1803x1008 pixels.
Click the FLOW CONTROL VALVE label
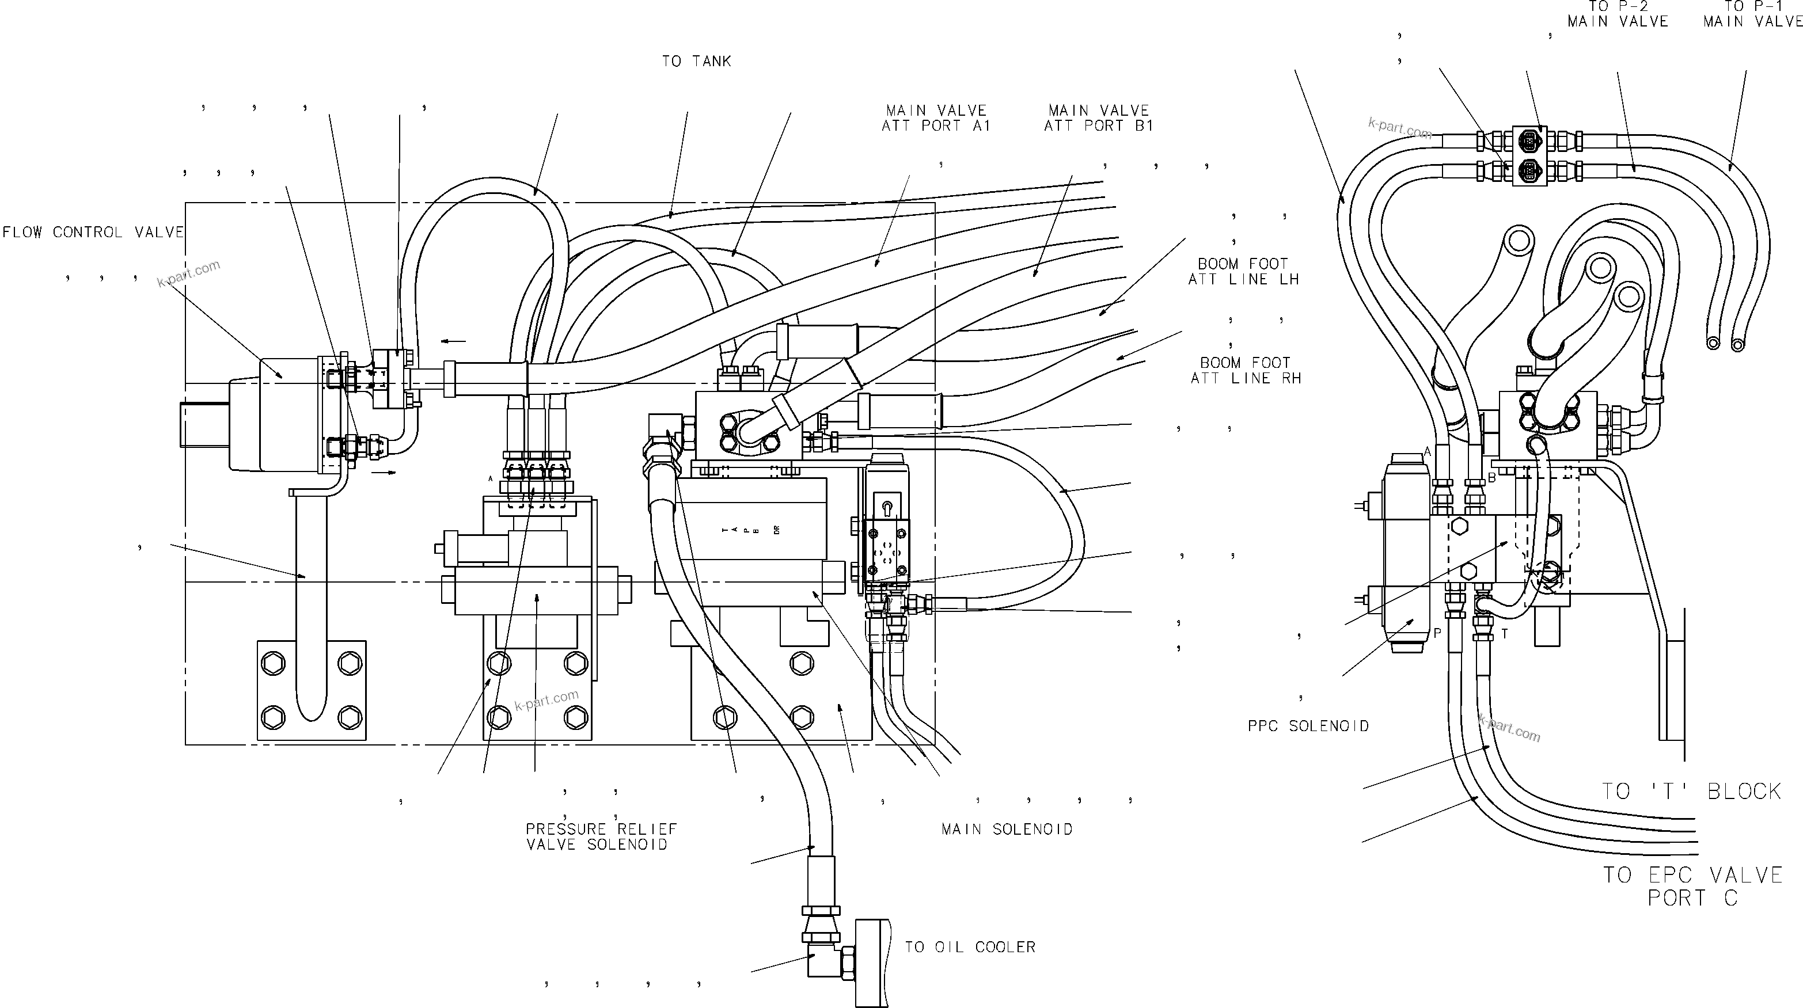(93, 232)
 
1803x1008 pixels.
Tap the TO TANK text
(696, 62)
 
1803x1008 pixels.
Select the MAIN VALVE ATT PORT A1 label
(936, 118)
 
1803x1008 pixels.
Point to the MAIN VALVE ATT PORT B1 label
(1098, 118)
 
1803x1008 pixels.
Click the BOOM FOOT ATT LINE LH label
(1243, 271)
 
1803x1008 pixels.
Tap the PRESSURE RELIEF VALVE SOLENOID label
(601, 836)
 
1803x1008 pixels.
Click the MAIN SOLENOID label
(1007, 830)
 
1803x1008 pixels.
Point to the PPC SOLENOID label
(1308, 726)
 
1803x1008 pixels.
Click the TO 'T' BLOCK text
(1691, 791)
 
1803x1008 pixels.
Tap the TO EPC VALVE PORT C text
(1692, 885)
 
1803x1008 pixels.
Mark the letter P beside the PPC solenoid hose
(1437, 633)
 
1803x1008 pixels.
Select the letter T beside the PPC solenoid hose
(1504, 634)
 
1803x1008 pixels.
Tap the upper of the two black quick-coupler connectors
(1530, 140)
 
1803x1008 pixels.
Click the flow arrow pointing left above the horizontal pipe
(454, 341)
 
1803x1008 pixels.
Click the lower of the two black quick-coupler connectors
(1530, 170)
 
